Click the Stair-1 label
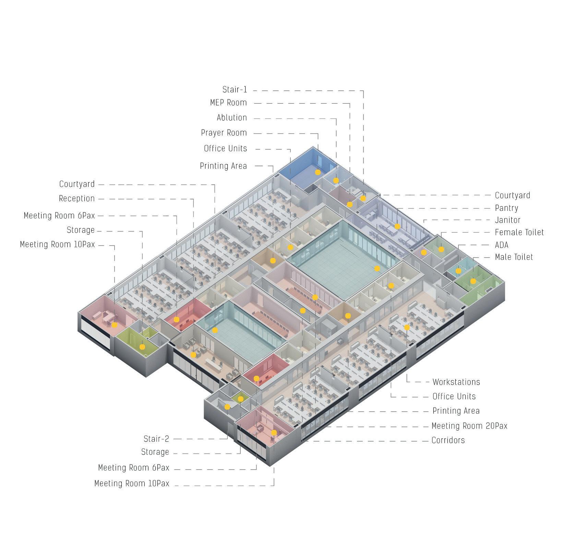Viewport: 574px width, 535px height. tap(235, 90)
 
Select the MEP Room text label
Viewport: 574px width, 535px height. tap(228, 103)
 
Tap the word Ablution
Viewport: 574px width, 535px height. tap(232, 118)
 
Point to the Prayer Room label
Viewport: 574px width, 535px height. tap(224, 133)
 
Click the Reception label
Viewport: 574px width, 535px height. tap(77, 199)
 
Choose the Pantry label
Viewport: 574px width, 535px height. tap(506, 208)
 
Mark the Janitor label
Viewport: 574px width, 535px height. tap(507, 220)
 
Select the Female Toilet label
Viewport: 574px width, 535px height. tap(519, 233)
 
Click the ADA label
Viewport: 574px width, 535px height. tap(502, 245)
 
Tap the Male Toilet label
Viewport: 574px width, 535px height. tap(514, 257)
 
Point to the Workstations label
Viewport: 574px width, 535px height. tap(456, 382)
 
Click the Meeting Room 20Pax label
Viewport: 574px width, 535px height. tap(469, 426)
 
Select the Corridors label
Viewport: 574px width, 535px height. tap(448, 440)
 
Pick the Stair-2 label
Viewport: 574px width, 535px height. tap(156, 439)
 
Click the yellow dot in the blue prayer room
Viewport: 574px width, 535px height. tap(318, 172)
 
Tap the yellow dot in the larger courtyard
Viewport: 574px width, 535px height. tap(377, 269)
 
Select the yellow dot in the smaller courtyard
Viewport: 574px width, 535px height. tap(215, 330)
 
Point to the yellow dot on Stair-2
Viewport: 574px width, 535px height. tap(227, 407)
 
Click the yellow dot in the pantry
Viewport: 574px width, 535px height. tap(397, 226)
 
